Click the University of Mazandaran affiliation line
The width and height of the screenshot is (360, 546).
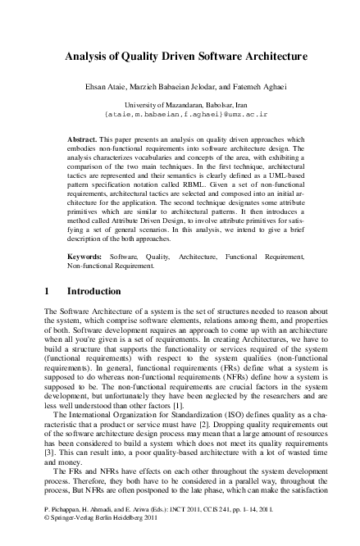[180, 106]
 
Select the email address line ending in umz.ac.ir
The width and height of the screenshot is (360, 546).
[180, 116]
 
